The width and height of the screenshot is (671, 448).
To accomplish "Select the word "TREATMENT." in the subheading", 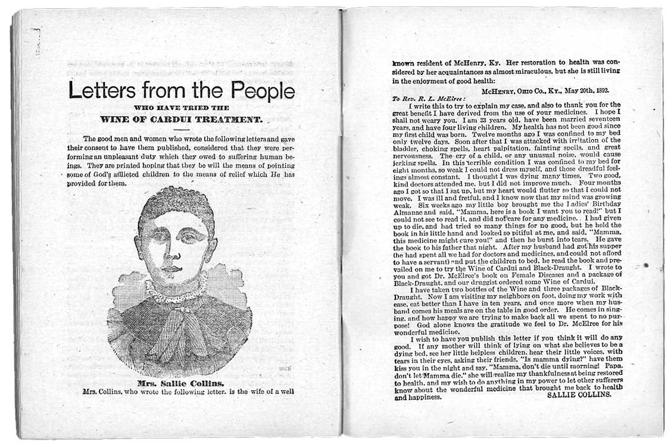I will click(x=231, y=120).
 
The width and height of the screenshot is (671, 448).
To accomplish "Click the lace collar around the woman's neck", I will click(x=176, y=290).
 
